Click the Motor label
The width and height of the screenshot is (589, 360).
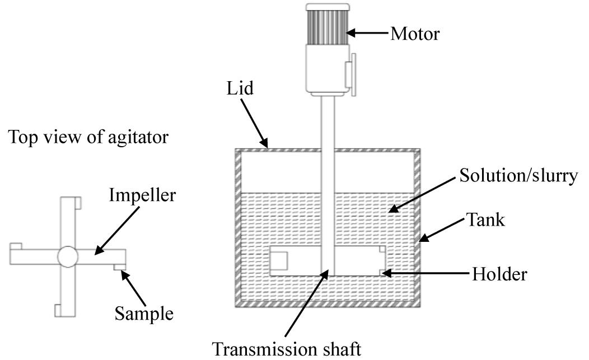pyautogui.click(x=415, y=34)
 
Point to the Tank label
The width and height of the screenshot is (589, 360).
pyautogui.click(x=485, y=220)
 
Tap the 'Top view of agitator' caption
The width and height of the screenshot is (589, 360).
pyautogui.click(x=87, y=137)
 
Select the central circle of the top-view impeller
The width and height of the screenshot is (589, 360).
pyautogui.click(x=67, y=257)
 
